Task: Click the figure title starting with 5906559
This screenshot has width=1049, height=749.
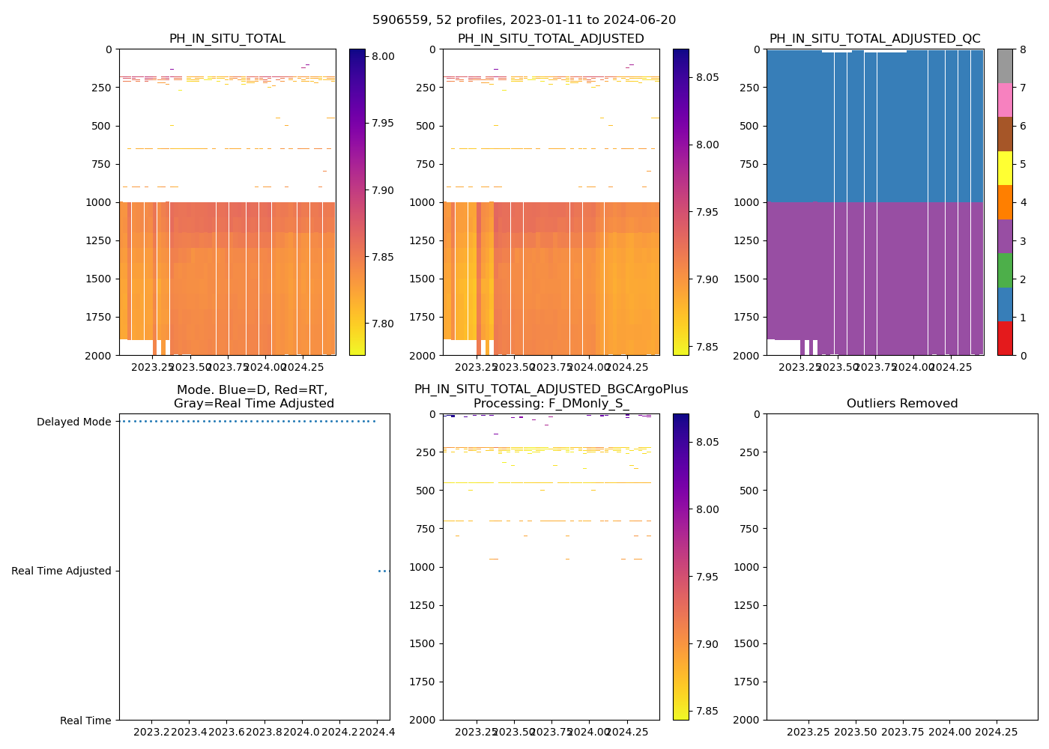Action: tap(524, 20)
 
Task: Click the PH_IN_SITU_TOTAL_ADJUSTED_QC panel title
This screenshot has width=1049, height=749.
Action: tap(874, 39)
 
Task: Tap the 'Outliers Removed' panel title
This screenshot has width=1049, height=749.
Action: tap(901, 404)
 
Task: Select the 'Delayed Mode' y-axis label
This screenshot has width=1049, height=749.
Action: tap(73, 422)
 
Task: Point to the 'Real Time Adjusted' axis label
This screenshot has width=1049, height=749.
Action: tap(61, 571)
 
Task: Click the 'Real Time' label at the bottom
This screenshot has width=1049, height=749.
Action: tap(85, 721)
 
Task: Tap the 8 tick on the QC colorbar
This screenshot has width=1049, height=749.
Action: tap(1022, 49)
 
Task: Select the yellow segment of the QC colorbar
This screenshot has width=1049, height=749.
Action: tap(1005, 168)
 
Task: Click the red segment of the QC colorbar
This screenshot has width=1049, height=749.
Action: tap(1005, 339)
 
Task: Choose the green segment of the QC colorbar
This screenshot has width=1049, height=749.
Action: tap(1005, 270)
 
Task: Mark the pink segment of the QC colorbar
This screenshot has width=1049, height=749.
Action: tap(1005, 100)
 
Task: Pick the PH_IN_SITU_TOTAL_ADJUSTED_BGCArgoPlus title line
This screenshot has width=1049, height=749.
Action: tap(551, 389)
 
